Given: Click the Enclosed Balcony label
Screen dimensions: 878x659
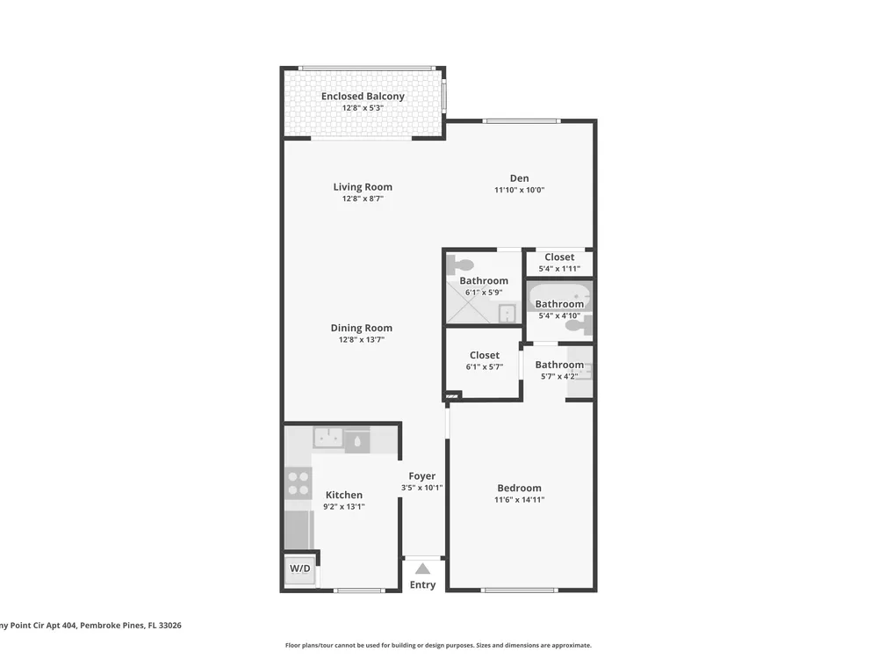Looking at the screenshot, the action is pos(363,97).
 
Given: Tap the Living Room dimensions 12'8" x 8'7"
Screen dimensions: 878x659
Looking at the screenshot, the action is pos(363,199).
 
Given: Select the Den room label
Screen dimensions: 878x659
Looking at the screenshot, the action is pos(519,178).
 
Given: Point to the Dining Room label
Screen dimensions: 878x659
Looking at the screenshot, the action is pos(361,328).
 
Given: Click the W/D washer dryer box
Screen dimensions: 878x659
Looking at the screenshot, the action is pos(299,568).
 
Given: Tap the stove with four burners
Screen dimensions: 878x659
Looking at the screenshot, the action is pos(299,483).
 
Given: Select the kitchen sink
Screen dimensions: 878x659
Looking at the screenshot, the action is pos(328,437).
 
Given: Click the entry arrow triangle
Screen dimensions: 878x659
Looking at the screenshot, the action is pos(423,568).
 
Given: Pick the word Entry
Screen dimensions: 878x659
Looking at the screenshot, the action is pos(423,584).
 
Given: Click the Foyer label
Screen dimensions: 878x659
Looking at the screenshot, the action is pos(421,475).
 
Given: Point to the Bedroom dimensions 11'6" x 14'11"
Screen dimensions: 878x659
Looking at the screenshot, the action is pos(519,500).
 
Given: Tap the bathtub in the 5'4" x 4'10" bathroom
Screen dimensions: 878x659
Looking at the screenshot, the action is pos(559,297).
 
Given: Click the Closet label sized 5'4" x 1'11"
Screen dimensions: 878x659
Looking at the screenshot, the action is pos(559,257).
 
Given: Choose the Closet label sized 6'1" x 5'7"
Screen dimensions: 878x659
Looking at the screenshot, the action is pos(485,355).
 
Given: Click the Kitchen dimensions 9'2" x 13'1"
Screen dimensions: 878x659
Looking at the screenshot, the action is pos(344,507).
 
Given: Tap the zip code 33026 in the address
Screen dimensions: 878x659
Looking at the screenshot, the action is pos(170,626).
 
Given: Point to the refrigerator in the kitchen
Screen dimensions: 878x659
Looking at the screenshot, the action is pos(297,530).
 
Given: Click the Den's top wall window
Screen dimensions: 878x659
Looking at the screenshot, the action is pos(522,121).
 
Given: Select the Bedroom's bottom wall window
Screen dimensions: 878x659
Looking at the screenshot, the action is pos(519,590).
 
